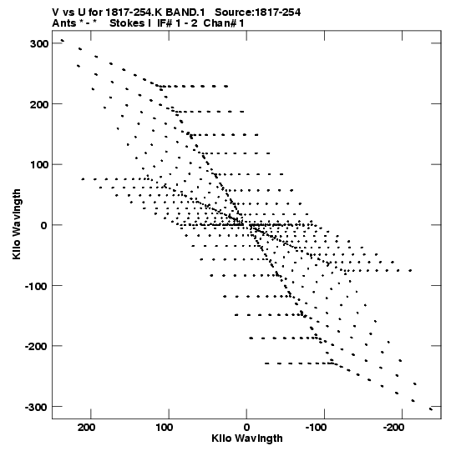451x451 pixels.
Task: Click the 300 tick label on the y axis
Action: tap(39, 43)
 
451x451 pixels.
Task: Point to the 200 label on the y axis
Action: tap(39, 104)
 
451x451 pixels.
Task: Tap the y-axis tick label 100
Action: tap(39, 165)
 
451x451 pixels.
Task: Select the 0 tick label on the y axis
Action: tap(43, 225)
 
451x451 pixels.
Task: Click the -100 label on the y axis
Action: tap(36, 286)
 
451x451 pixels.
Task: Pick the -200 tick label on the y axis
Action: tap(36, 347)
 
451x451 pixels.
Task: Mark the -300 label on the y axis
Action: tap(36, 408)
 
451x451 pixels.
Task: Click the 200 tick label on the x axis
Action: tap(86, 428)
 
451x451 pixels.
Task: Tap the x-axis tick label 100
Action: tap(165, 428)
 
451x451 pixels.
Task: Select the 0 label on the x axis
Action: tap(246, 428)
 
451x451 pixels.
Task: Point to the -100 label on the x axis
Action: tap(317, 428)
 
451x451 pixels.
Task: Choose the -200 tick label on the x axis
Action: tap(394, 428)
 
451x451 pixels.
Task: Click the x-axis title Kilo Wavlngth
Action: tap(247, 438)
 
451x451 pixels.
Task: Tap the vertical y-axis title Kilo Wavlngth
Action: tap(17, 224)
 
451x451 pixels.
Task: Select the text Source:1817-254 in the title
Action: tap(257, 13)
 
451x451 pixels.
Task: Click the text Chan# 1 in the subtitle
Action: tap(224, 23)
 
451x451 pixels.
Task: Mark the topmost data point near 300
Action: tap(63, 41)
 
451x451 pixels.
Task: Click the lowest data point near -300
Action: tap(431, 409)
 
